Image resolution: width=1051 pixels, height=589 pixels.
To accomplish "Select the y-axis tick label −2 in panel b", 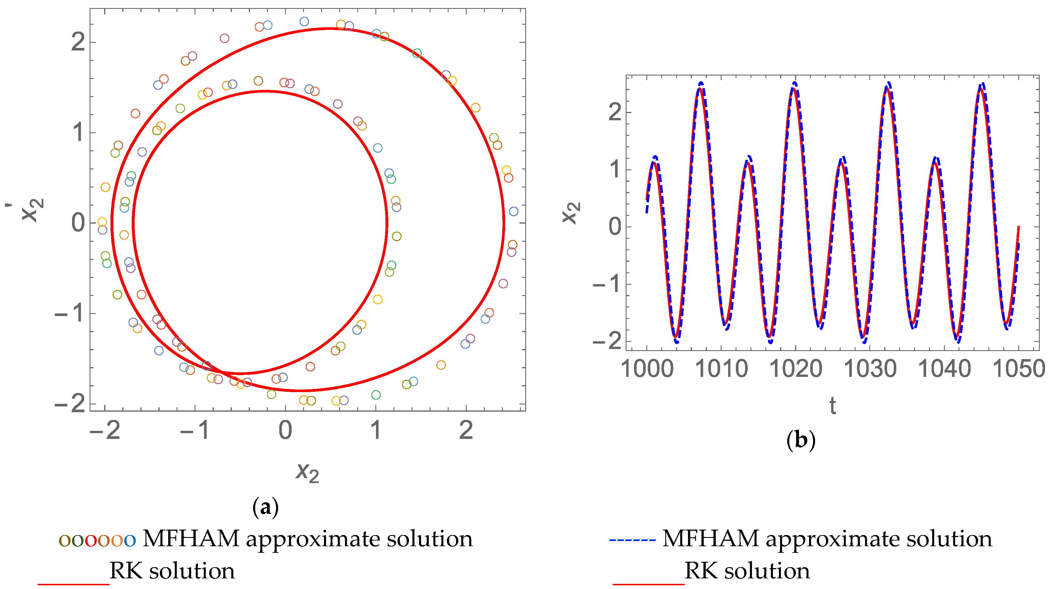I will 607,341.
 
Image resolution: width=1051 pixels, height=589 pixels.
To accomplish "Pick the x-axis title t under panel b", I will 833,406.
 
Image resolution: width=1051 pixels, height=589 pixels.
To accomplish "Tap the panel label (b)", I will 800,440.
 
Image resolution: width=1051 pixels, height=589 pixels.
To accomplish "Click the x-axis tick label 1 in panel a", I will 376,430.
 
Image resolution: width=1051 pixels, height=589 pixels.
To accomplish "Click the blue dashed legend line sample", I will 632,540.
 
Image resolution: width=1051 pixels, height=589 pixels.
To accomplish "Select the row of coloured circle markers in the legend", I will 97,540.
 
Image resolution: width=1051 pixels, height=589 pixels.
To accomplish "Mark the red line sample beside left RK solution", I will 73,584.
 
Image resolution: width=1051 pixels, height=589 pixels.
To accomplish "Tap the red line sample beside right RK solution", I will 648,584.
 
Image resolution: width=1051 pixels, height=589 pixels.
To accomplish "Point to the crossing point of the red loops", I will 222,371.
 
